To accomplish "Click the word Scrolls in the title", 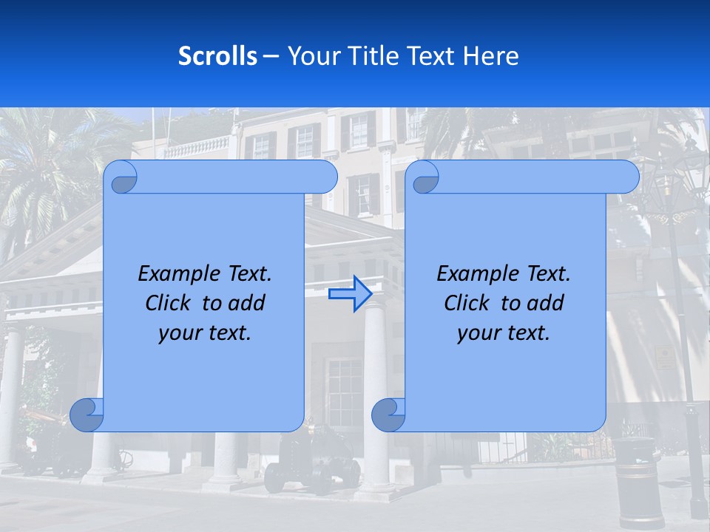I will coord(218,56).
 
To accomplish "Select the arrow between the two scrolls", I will coord(350,294).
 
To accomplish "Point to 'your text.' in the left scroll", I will coord(205,333).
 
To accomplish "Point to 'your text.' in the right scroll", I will coord(504,333).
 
